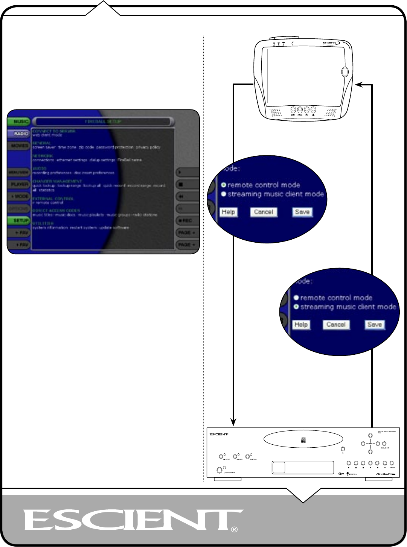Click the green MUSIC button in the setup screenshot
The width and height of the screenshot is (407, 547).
point(18,122)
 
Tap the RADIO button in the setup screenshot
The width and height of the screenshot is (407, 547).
point(18,134)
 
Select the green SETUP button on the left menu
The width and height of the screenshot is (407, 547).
point(18,220)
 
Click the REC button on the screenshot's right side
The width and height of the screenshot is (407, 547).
point(187,220)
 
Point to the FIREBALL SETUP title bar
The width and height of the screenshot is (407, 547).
point(103,122)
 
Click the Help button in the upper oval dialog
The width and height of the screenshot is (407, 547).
point(228,212)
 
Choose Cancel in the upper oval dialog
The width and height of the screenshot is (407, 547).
point(263,212)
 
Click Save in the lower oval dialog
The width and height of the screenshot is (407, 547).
point(374,325)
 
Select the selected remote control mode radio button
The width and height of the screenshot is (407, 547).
point(224,185)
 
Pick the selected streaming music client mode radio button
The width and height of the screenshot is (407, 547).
point(296,307)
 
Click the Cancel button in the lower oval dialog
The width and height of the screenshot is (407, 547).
point(336,325)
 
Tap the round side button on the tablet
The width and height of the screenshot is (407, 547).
point(345,71)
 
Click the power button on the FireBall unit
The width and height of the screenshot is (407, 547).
point(220,470)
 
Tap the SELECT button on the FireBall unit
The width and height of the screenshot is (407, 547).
point(384,444)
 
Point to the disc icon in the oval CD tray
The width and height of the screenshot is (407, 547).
point(303,440)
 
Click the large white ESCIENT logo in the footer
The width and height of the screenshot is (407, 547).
point(132,520)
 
